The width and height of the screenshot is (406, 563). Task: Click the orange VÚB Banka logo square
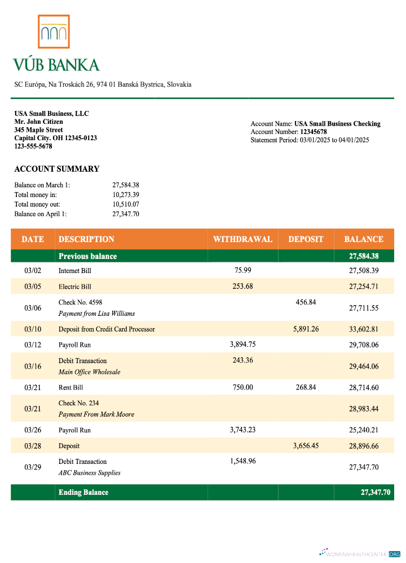click(54, 32)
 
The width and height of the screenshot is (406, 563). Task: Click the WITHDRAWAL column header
click(242, 239)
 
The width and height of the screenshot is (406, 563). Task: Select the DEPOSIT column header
click(306, 239)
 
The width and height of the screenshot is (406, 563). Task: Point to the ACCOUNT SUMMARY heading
click(56, 169)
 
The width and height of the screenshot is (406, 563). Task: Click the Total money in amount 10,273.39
click(126, 195)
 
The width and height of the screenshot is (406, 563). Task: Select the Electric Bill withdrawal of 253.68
click(242, 286)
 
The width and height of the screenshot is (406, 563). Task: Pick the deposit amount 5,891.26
click(306, 329)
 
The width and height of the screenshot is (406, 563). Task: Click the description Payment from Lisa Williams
click(96, 314)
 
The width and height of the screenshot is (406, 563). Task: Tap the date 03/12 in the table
click(33, 345)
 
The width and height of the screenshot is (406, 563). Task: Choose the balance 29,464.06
click(363, 366)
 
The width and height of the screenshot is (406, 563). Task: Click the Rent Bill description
click(70, 387)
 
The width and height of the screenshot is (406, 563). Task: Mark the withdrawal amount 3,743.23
click(242, 430)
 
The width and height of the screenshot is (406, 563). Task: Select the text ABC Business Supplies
click(89, 473)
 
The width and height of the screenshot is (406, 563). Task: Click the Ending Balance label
click(83, 492)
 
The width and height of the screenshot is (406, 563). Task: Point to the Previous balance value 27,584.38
click(363, 256)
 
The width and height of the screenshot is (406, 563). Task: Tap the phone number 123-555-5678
click(33, 146)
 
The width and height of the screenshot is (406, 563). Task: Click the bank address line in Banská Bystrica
click(103, 84)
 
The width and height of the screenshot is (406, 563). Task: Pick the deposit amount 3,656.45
click(306, 445)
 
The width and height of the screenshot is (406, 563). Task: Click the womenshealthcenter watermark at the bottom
click(360, 553)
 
